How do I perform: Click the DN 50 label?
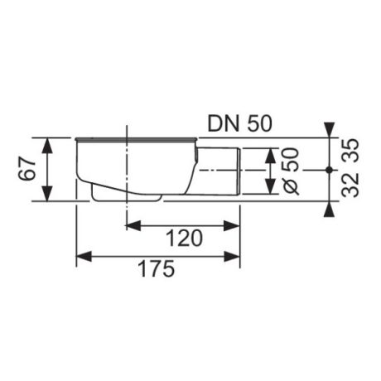coord(239,123)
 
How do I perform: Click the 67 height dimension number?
coord(27,169)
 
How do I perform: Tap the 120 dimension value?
coord(184,239)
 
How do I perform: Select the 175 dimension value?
coord(157,268)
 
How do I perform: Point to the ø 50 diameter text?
coord(291,171)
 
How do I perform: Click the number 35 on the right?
coord(350,151)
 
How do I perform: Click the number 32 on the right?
coord(350,185)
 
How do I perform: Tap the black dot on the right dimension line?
coord(329,170)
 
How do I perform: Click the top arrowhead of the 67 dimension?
coord(48,146)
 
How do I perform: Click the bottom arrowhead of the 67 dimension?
coord(48,193)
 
